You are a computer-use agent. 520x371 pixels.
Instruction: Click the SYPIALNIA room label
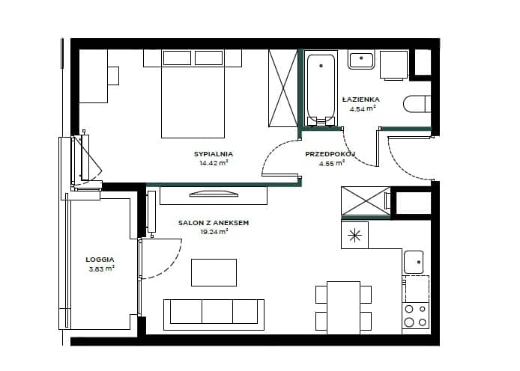pos(214,154)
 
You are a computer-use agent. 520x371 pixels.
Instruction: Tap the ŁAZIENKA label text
pos(361,99)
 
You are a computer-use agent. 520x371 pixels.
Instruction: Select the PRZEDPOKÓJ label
pos(330,154)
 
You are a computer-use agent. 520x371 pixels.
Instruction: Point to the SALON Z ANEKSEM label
pos(214,223)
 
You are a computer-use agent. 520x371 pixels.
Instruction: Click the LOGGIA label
pos(100,260)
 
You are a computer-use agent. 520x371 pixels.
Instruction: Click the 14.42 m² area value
pos(214,163)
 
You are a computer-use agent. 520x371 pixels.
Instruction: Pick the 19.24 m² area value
pos(214,232)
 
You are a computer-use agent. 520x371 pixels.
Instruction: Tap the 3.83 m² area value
pos(101,269)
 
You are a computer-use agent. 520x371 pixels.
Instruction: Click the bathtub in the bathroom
pos(321,89)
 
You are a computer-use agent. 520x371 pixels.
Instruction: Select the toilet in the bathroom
pos(417,103)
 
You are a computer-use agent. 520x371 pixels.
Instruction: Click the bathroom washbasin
pos(361,60)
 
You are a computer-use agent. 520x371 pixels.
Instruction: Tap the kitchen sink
pos(414,262)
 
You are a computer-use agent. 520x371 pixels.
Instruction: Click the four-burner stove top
pos(416,316)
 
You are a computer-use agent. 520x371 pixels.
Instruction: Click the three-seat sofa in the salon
pos(214,315)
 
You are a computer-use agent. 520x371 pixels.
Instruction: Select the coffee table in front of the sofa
pos(214,272)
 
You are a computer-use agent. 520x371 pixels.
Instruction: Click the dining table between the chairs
pos(344,307)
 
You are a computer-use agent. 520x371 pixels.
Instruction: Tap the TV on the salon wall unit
pos(214,194)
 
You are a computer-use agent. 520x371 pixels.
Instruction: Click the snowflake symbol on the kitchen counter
pos(354,236)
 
